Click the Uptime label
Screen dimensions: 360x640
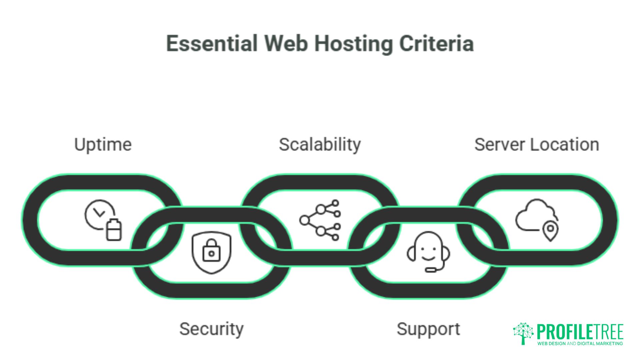point(103,145)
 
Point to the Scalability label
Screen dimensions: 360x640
point(320,145)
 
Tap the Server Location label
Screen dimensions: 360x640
point(537,145)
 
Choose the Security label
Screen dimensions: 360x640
point(211,329)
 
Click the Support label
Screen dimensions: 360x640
point(428,329)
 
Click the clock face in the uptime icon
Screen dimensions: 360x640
point(99,214)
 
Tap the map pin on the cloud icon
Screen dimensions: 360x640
point(550,230)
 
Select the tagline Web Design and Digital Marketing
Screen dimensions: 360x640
point(580,343)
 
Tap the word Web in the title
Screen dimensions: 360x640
point(286,44)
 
